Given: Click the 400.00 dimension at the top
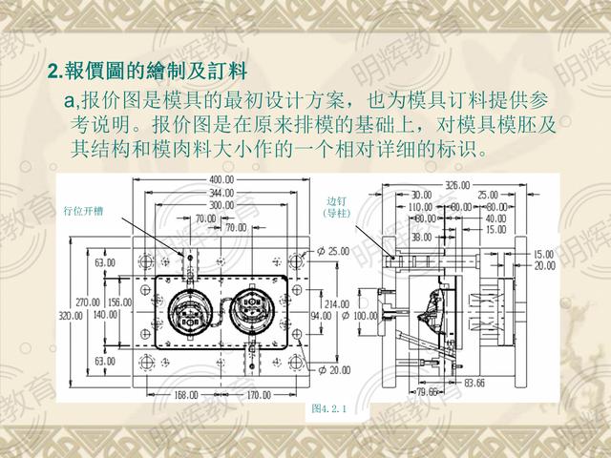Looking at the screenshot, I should pos(222,179).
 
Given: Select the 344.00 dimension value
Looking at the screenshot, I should pos(222,192).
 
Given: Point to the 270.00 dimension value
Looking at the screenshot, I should pos(89,302).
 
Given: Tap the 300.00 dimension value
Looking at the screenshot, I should pos(222,204).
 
